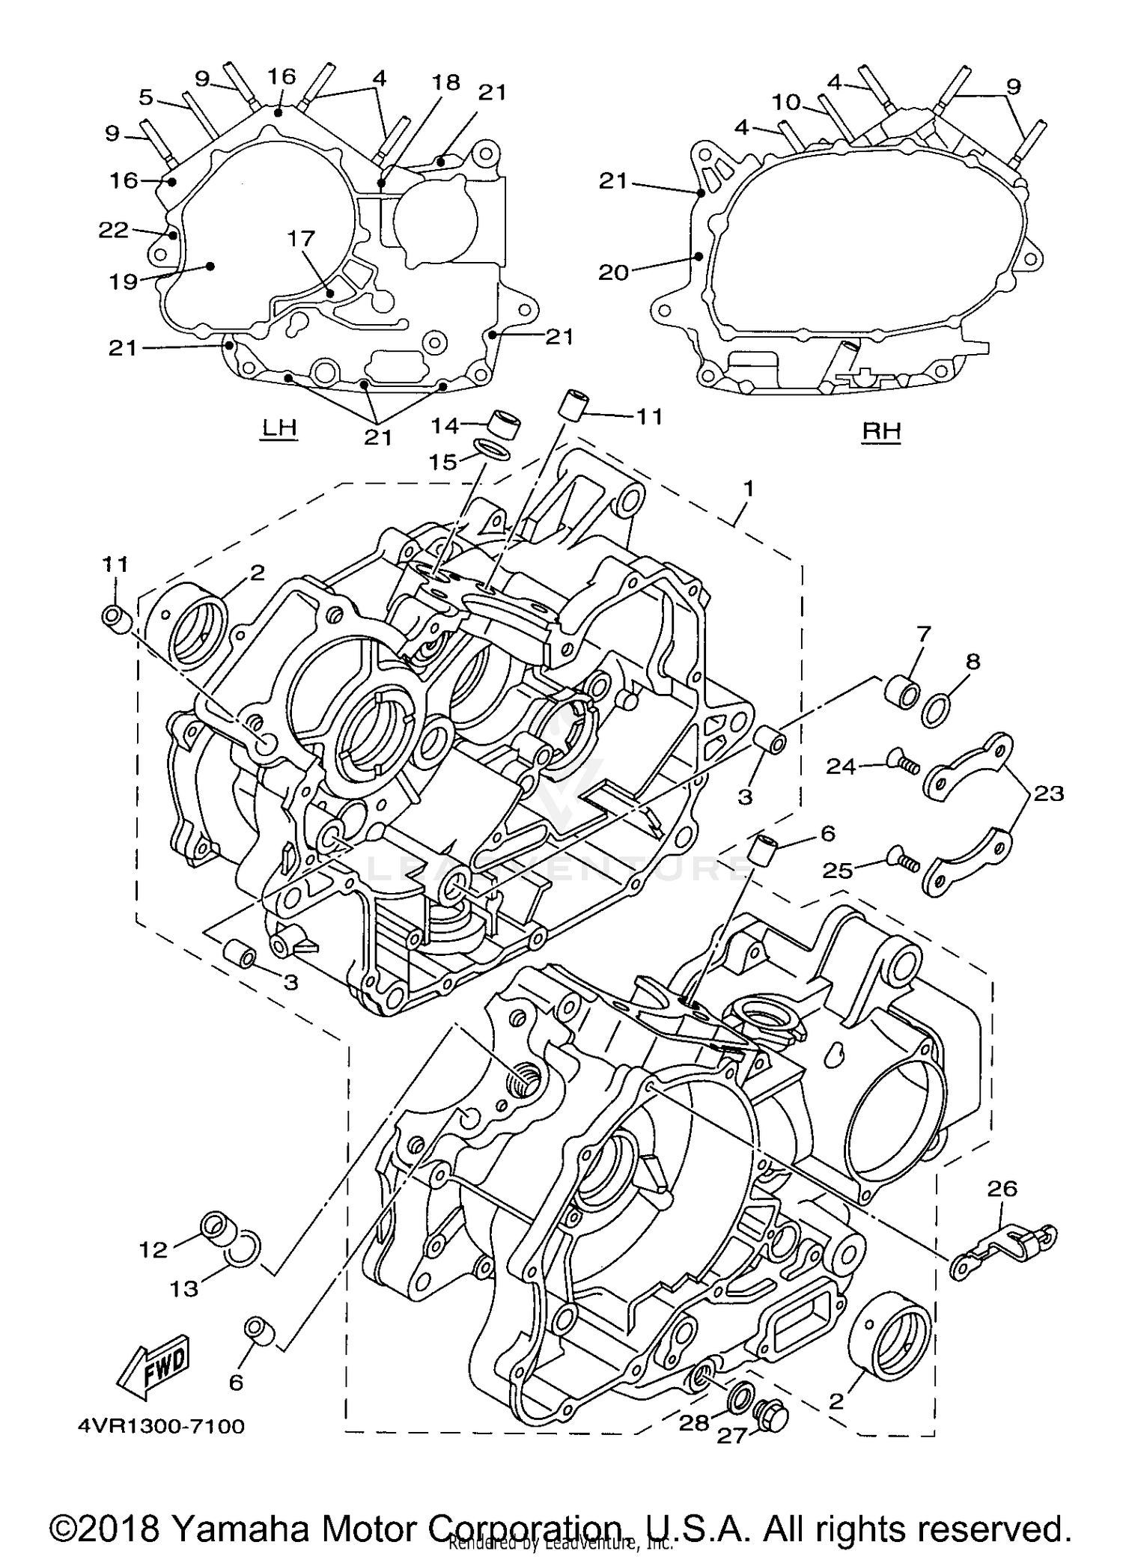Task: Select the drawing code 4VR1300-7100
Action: coord(161,1426)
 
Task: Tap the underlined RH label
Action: coord(881,431)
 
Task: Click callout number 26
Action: coord(1002,1188)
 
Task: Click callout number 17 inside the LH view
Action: coord(302,239)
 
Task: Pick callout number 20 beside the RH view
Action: coord(613,272)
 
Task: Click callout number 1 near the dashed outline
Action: coord(748,489)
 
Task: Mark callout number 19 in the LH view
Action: coord(123,281)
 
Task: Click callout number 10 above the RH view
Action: coord(786,102)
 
